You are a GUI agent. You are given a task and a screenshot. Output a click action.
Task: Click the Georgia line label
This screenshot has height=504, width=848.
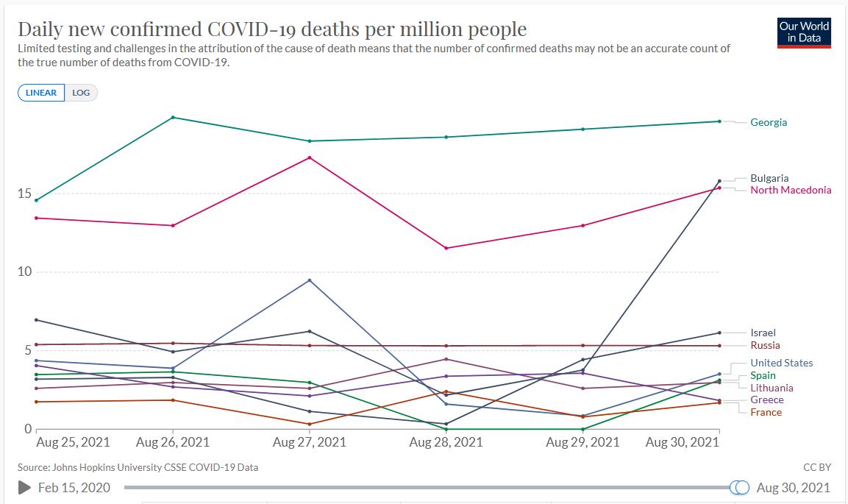point(769,122)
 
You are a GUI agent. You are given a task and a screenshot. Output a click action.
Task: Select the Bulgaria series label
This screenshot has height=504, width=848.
point(769,178)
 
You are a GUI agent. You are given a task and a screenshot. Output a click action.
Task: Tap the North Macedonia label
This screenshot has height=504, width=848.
point(791,190)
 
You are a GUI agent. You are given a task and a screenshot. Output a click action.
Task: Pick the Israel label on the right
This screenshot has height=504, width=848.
point(763,333)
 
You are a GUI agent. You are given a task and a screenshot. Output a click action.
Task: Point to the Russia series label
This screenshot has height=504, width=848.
point(765,345)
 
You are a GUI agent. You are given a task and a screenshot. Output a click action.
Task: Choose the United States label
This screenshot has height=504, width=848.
point(782,363)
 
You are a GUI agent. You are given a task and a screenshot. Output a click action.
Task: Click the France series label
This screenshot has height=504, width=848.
point(766,412)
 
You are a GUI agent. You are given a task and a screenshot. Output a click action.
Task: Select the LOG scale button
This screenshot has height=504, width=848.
point(81,93)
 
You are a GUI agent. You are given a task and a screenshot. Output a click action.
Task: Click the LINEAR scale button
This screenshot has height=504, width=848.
point(41,93)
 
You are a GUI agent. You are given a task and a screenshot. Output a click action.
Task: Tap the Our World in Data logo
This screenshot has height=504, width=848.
point(804,32)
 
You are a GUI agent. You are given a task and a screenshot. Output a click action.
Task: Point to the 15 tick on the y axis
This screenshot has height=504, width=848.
point(24,194)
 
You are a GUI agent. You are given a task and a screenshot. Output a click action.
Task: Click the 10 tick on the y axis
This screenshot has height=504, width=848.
point(24,271)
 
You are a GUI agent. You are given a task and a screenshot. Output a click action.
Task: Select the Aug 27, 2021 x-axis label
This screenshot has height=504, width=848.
point(309,442)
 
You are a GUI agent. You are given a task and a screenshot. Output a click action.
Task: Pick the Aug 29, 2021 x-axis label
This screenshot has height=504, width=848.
point(582,442)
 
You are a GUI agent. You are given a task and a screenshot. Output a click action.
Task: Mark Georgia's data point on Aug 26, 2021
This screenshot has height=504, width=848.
point(173,118)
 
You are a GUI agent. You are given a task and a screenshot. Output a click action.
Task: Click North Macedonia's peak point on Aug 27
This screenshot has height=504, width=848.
point(310,157)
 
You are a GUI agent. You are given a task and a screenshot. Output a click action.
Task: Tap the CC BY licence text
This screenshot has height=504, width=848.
point(818,467)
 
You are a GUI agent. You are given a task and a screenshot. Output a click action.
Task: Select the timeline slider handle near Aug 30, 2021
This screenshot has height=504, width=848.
point(740,487)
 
